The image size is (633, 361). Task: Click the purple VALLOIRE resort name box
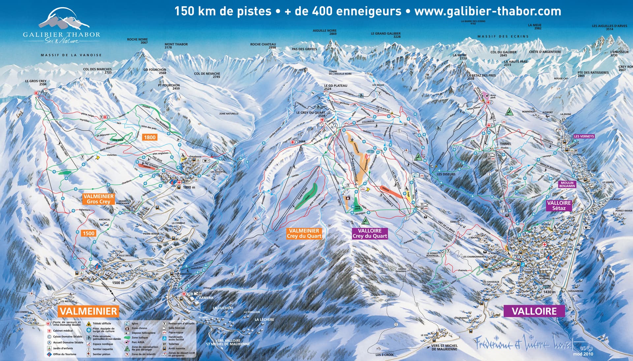(534, 311)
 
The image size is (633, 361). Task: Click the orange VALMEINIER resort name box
(88, 311)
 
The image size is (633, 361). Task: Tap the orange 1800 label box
(149, 137)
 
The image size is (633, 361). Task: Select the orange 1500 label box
(88, 233)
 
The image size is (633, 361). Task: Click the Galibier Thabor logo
(62, 28)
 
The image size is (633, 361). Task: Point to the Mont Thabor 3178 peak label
(176, 46)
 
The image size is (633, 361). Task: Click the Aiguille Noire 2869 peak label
(324, 32)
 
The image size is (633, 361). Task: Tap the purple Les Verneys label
(584, 136)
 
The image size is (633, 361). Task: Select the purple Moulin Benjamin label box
(567, 184)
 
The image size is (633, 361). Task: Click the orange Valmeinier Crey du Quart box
(304, 233)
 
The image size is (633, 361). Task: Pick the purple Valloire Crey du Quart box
(370, 233)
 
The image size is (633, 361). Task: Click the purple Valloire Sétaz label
(559, 205)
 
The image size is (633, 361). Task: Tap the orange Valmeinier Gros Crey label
(98, 199)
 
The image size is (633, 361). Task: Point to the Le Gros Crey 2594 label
(36, 83)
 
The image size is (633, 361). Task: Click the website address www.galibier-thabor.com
(488, 11)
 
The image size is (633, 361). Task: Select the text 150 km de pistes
(223, 11)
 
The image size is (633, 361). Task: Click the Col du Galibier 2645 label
(503, 54)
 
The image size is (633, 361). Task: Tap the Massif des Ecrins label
(503, 37)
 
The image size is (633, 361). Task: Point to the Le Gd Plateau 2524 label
(335, 87)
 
